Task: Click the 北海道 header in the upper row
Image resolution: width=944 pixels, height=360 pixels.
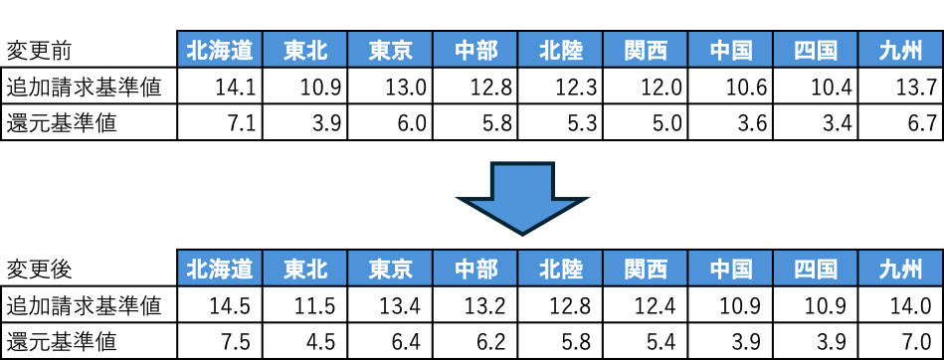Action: point(220,50)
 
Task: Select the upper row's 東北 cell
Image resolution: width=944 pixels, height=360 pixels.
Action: point(305,50)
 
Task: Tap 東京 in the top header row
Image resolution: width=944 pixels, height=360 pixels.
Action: point(390,50)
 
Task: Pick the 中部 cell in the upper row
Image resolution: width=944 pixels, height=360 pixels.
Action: point(475,50)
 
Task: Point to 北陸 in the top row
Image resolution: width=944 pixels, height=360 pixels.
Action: point(560,50)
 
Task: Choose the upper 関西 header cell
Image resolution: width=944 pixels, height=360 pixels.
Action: point(646,50)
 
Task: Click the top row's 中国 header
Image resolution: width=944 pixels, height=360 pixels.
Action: point(730,50)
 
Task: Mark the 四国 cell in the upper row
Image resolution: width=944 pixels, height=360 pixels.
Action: point(816,50)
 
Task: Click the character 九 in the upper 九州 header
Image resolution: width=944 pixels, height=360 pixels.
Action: point(889,50)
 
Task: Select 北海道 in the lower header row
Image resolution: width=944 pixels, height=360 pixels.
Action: point(220,269)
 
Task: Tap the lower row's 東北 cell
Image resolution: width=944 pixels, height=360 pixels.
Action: point(305,269)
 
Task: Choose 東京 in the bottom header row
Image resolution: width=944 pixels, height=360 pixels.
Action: point(390,269)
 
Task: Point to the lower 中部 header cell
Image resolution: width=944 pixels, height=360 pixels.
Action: point(475,269)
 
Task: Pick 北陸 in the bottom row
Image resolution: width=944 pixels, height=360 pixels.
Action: point(560,269)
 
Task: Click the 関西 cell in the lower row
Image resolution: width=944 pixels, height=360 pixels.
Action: point(646,269)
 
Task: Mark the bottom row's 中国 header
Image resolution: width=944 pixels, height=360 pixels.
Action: point(730,269)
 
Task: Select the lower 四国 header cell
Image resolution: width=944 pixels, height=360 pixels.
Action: point(816,269)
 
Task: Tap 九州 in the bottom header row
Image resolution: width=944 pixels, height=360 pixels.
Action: point(900,269)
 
